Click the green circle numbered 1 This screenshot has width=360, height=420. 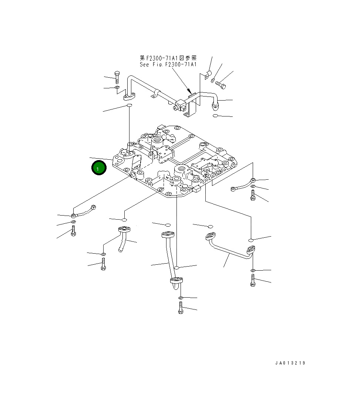tap(99, 168)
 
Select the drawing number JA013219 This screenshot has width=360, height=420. tap(290, 363)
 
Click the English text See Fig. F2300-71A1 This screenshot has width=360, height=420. tap(168, 65)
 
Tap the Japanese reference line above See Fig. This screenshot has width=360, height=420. tap(168, 58)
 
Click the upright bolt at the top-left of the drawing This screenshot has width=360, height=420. tap(117, 77)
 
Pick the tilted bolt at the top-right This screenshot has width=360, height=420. tap(221, 85)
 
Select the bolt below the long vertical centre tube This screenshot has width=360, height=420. tap(181, 308)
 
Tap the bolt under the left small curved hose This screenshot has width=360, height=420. tap(74, 231)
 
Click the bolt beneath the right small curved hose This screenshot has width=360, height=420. tap(252, 195)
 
